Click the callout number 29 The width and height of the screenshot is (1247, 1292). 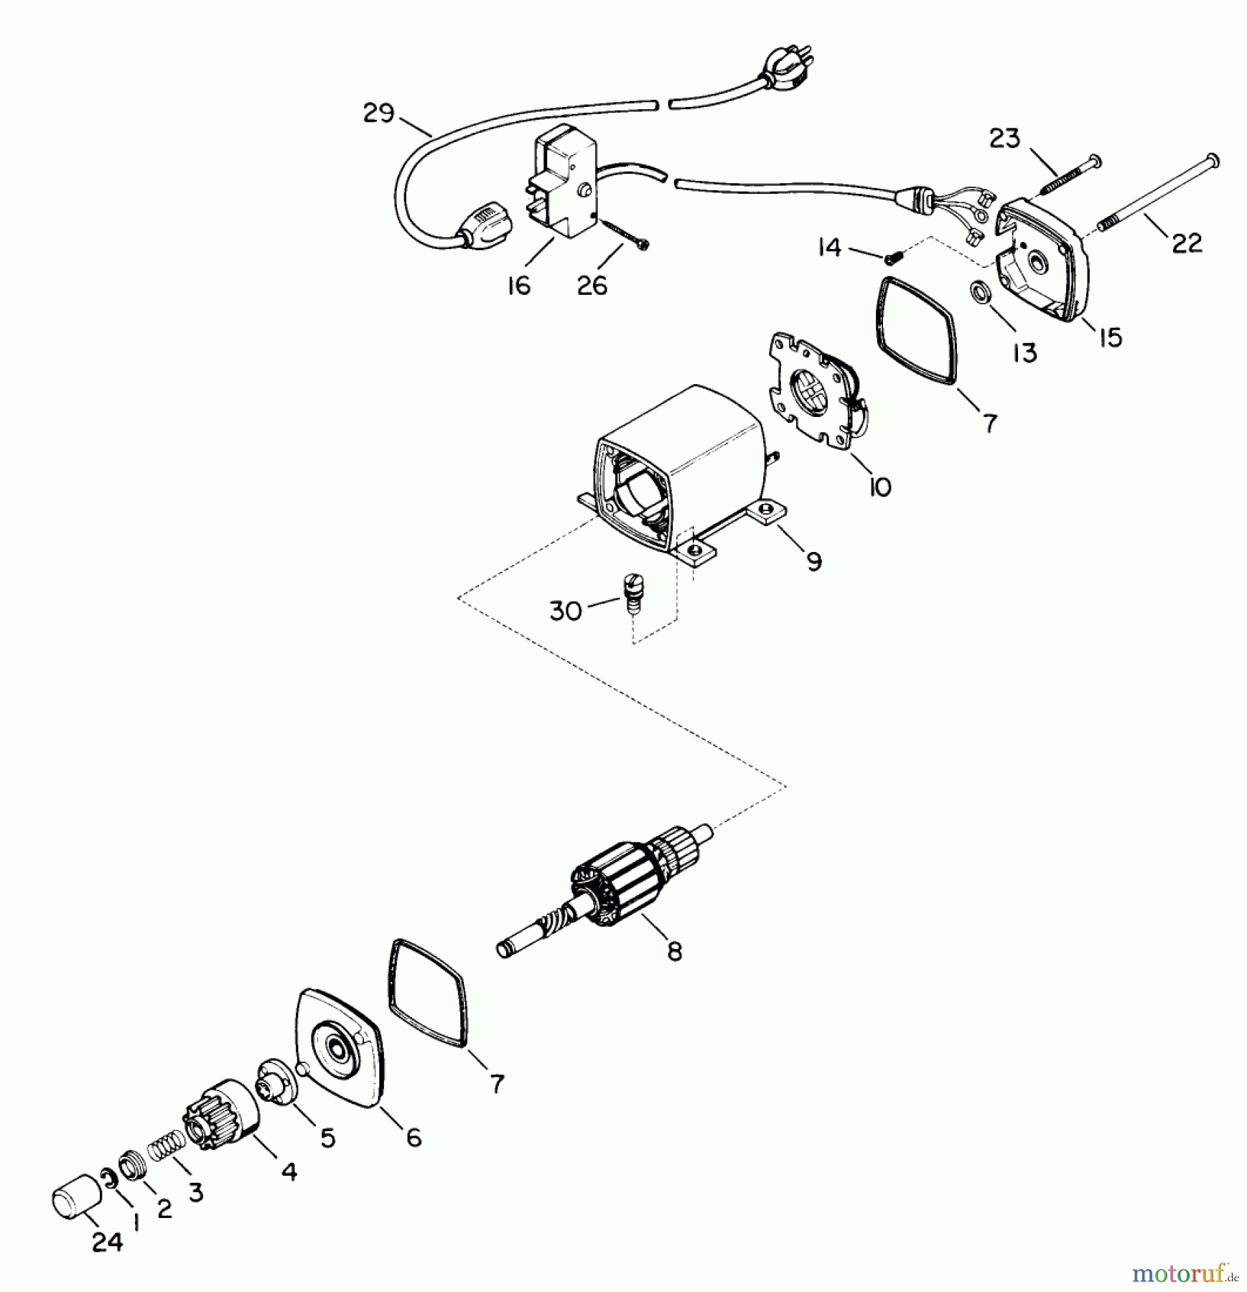[378, 113]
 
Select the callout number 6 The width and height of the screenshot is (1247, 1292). [414, 1138]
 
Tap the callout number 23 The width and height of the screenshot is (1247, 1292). [1004, 138]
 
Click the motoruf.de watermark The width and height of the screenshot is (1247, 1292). [1185, 1274]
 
